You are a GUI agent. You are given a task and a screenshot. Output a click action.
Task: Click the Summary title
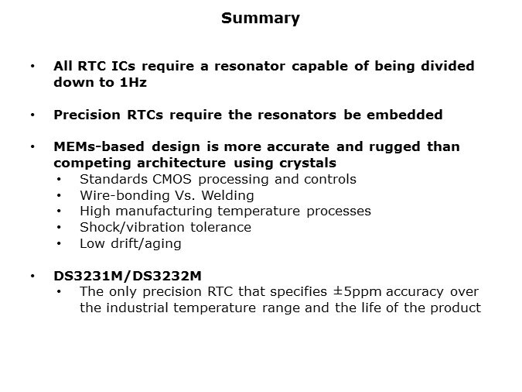coord(261,19)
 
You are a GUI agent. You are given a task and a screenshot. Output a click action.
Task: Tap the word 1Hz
coord(133,82)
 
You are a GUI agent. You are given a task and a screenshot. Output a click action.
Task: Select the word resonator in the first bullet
coord(250,66)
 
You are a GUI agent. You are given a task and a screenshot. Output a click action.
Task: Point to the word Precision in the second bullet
coord(87,115)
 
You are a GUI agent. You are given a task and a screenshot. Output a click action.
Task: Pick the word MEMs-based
coord(99,146)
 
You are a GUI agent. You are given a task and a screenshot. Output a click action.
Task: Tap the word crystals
coord(308,163)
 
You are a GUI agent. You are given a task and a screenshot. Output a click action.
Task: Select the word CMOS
coord(172,179)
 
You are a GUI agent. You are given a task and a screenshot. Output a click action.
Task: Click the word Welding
coord(227,195)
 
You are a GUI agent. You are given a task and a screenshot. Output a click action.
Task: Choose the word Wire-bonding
coord(125,195)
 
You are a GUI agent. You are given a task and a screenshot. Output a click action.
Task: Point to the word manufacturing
coord(164,211)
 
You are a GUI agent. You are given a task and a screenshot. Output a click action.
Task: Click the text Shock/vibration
coord(132,228)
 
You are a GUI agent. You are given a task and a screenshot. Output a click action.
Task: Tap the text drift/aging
coord(146,244)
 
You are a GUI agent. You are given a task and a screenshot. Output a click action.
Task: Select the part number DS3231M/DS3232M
coord(128,277)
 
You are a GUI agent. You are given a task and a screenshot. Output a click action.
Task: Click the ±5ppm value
coord(357,292)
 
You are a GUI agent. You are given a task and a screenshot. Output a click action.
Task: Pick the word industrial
coord(137,308)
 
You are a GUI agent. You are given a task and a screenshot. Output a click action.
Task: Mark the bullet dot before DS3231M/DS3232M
coord(32,277)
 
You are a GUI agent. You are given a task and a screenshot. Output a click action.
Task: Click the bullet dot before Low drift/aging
coord(59,244)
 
